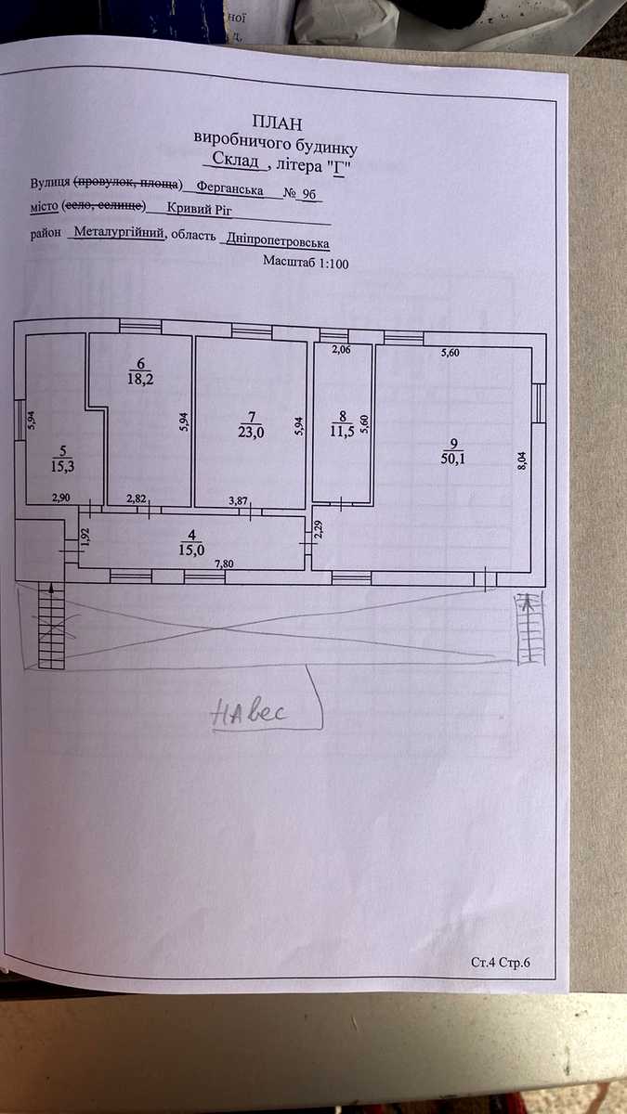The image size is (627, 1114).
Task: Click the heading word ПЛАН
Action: [x=277, y=123]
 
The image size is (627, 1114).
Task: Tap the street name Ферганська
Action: [x=229, y=188]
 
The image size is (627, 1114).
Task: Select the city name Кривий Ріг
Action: [x=199, y=208]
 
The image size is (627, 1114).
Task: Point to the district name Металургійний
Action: [x=119, y=232]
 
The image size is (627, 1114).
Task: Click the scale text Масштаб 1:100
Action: [x=306, y=262]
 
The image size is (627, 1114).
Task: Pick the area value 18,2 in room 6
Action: [x=140, y=379]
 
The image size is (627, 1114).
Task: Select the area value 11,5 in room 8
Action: [x=342, y=431]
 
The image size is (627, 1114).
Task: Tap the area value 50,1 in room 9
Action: [x=453, y=458]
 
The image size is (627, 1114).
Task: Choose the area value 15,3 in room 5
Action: [x=63, y=466]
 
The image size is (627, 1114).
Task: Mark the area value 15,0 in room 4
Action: [x=191, y=550]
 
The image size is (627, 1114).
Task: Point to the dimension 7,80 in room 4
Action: [x=224, y=563]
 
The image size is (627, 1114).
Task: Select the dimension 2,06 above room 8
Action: [x=341, y=350]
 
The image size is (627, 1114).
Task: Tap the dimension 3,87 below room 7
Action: [x=238, y=500]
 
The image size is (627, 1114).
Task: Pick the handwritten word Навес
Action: [x=249, y=713]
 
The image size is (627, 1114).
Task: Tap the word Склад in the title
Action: [x=235, y=160]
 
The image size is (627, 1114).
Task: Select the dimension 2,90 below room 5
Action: [x=61, y=498]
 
